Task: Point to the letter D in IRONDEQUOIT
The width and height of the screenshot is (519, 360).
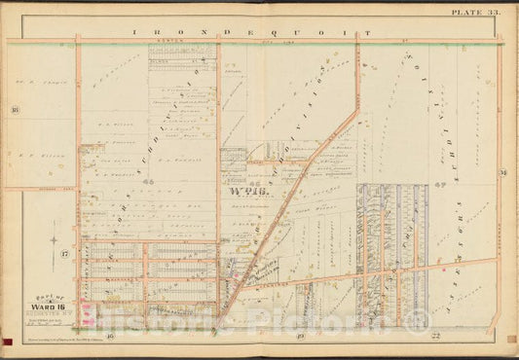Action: pyautogui.click(x=224, y=31)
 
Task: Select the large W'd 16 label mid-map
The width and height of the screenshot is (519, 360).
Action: pyautogui.click(x=247, y=192)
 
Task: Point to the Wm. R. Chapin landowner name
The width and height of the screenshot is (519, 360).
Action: pyautogui.click(x=38, y=72)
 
